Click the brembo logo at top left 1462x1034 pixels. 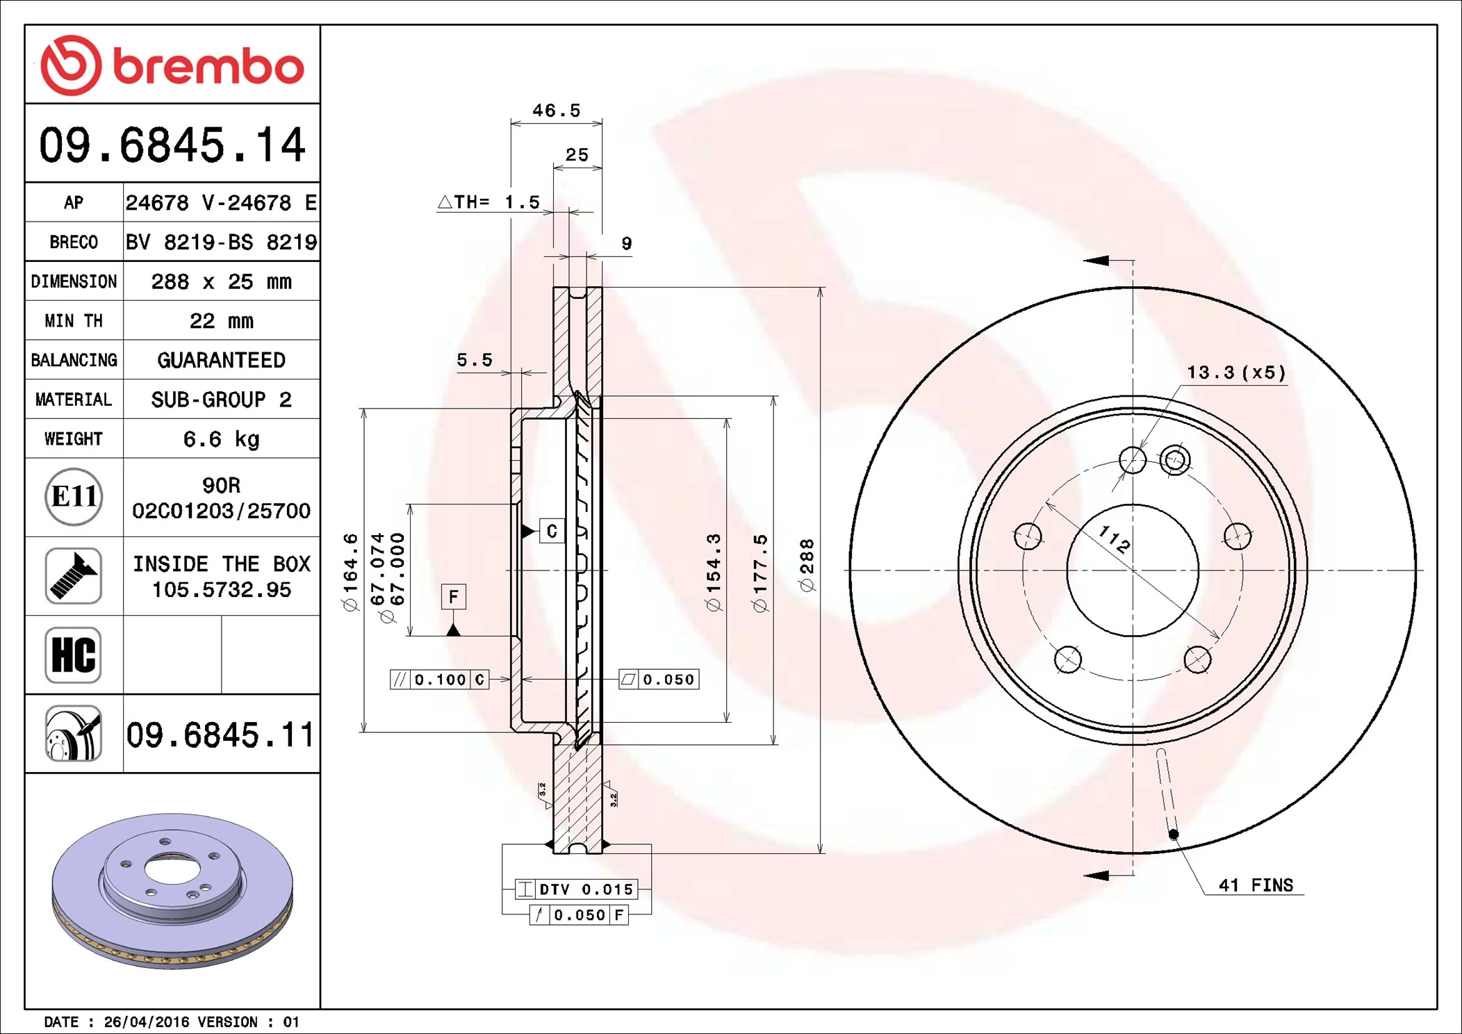tap(172, 65)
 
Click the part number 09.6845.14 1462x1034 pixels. tap(172, 145)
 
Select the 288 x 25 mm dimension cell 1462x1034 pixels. tap(221, 281)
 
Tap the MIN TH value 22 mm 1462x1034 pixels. tap(221, 321)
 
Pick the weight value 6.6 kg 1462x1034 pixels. tap(221, 439)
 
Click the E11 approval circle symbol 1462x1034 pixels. tap(74, 497)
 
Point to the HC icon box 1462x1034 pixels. tap(74, 655)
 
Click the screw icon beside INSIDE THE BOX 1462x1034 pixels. tap(74, 575)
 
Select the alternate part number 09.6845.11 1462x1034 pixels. tap(220, 735)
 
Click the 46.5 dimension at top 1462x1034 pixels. tap(556, 110)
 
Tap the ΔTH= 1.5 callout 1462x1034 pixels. tap(488, 202)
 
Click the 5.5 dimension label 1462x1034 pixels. tap(475, 360)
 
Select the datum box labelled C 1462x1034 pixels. tap(552, 531)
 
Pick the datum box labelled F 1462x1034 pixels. tap(453, 596)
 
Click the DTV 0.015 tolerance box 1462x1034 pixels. tap(576, 889)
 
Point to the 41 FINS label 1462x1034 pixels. tap(1256, 885)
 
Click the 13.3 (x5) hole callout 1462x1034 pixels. tap(1236, 372)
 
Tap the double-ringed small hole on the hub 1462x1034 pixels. tap(1175, 460)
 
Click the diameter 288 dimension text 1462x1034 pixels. tap(807, 565)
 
